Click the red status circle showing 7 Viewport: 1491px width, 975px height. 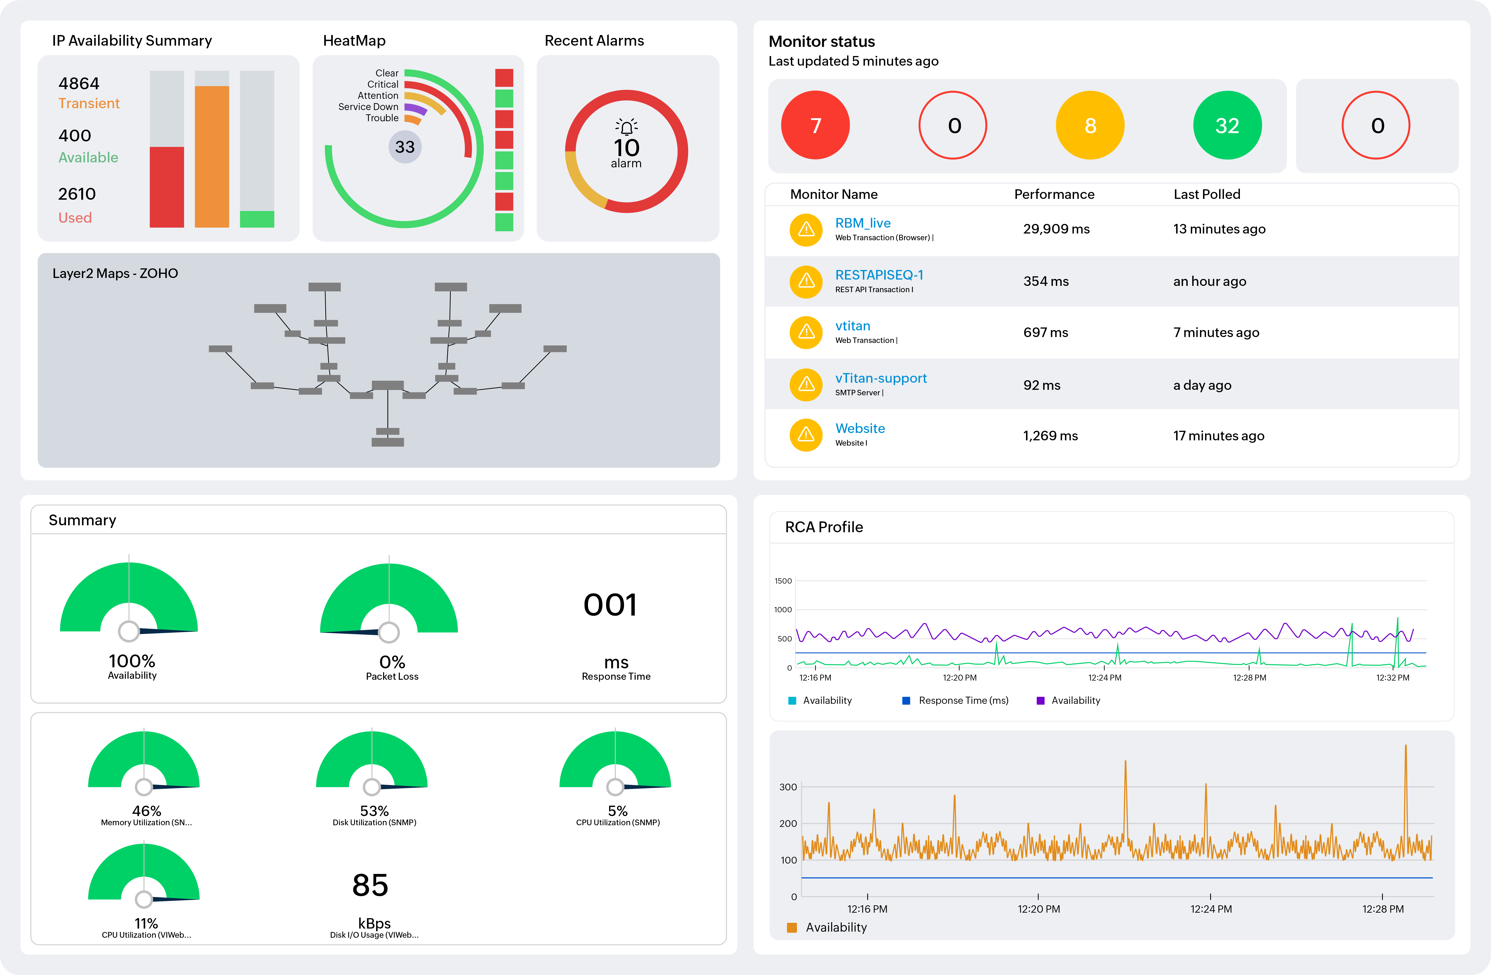(x=815, y=125)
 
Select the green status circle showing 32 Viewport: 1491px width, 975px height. (x=1227, y=125)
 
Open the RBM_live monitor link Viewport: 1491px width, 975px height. (x=863, y=223)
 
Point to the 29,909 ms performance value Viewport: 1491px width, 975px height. (x=1056, y=229)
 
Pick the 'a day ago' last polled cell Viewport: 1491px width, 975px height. (x=1202, y=385)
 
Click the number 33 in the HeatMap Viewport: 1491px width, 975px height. (x=405, y=147)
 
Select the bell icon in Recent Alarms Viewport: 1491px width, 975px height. (x=626, y=127)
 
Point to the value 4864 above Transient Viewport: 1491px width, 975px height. (x=79, y=83)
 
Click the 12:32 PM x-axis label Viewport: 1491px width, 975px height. (x=1392, y=677)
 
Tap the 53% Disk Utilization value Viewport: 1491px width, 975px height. (x=374, y=811)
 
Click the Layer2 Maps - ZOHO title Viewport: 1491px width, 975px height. (x=115, y=273)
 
